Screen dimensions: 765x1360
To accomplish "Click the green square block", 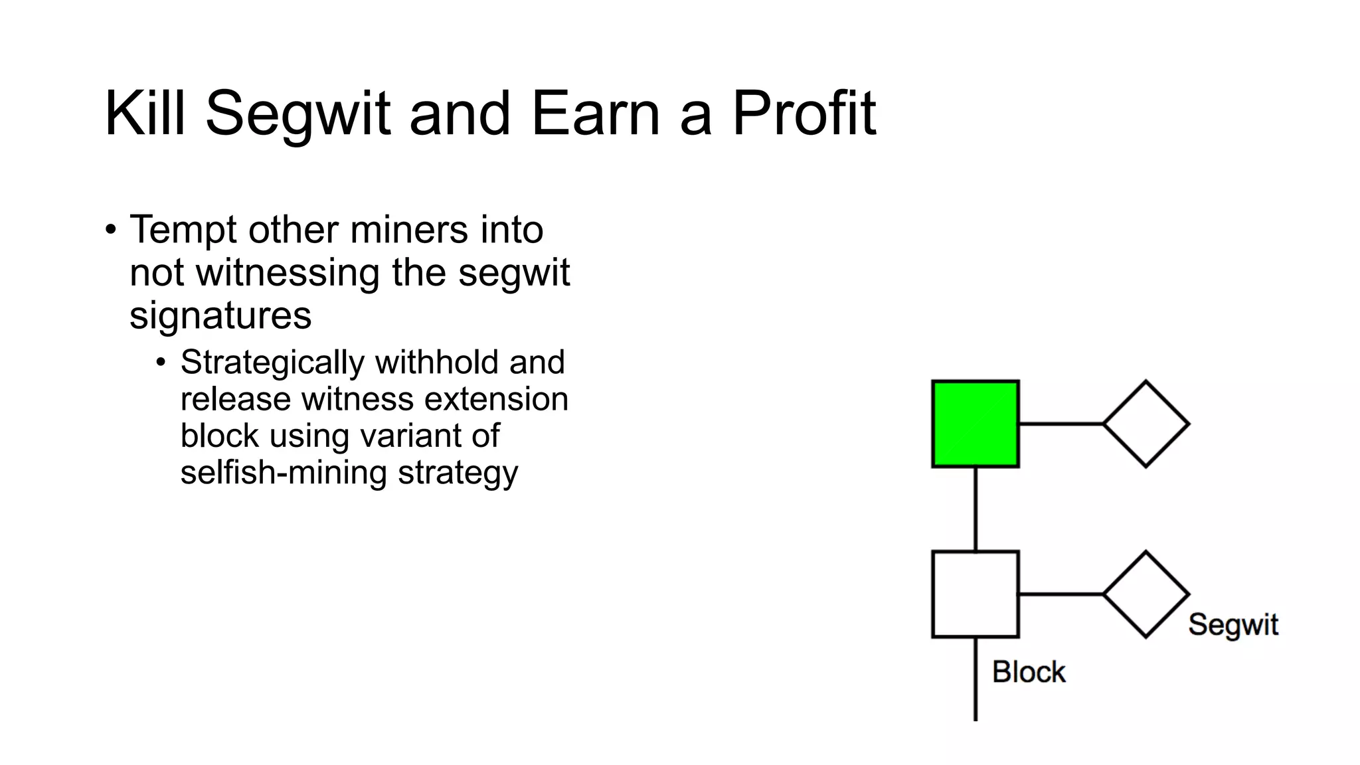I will point(975,424).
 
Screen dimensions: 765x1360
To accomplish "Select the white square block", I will point(975,594).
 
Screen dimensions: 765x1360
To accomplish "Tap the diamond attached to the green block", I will point(1146,424).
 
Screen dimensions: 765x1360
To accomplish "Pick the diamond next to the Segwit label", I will point(1146,594).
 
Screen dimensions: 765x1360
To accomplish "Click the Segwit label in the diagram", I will point(1232,625).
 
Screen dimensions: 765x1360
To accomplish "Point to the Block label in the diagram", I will point(1028,672).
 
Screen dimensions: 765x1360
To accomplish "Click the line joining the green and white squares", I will point(975,509).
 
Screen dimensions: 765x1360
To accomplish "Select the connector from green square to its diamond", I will point(1061,424).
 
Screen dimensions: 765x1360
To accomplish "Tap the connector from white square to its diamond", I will point(1061,594).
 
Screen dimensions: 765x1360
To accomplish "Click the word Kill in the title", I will point(145,114).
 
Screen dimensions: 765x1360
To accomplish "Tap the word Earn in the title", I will point(595,114).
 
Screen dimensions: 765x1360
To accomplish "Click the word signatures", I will point(220,315).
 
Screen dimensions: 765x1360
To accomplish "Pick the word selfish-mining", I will point(284,473).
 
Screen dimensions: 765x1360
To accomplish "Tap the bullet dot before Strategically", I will point(161,363).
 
